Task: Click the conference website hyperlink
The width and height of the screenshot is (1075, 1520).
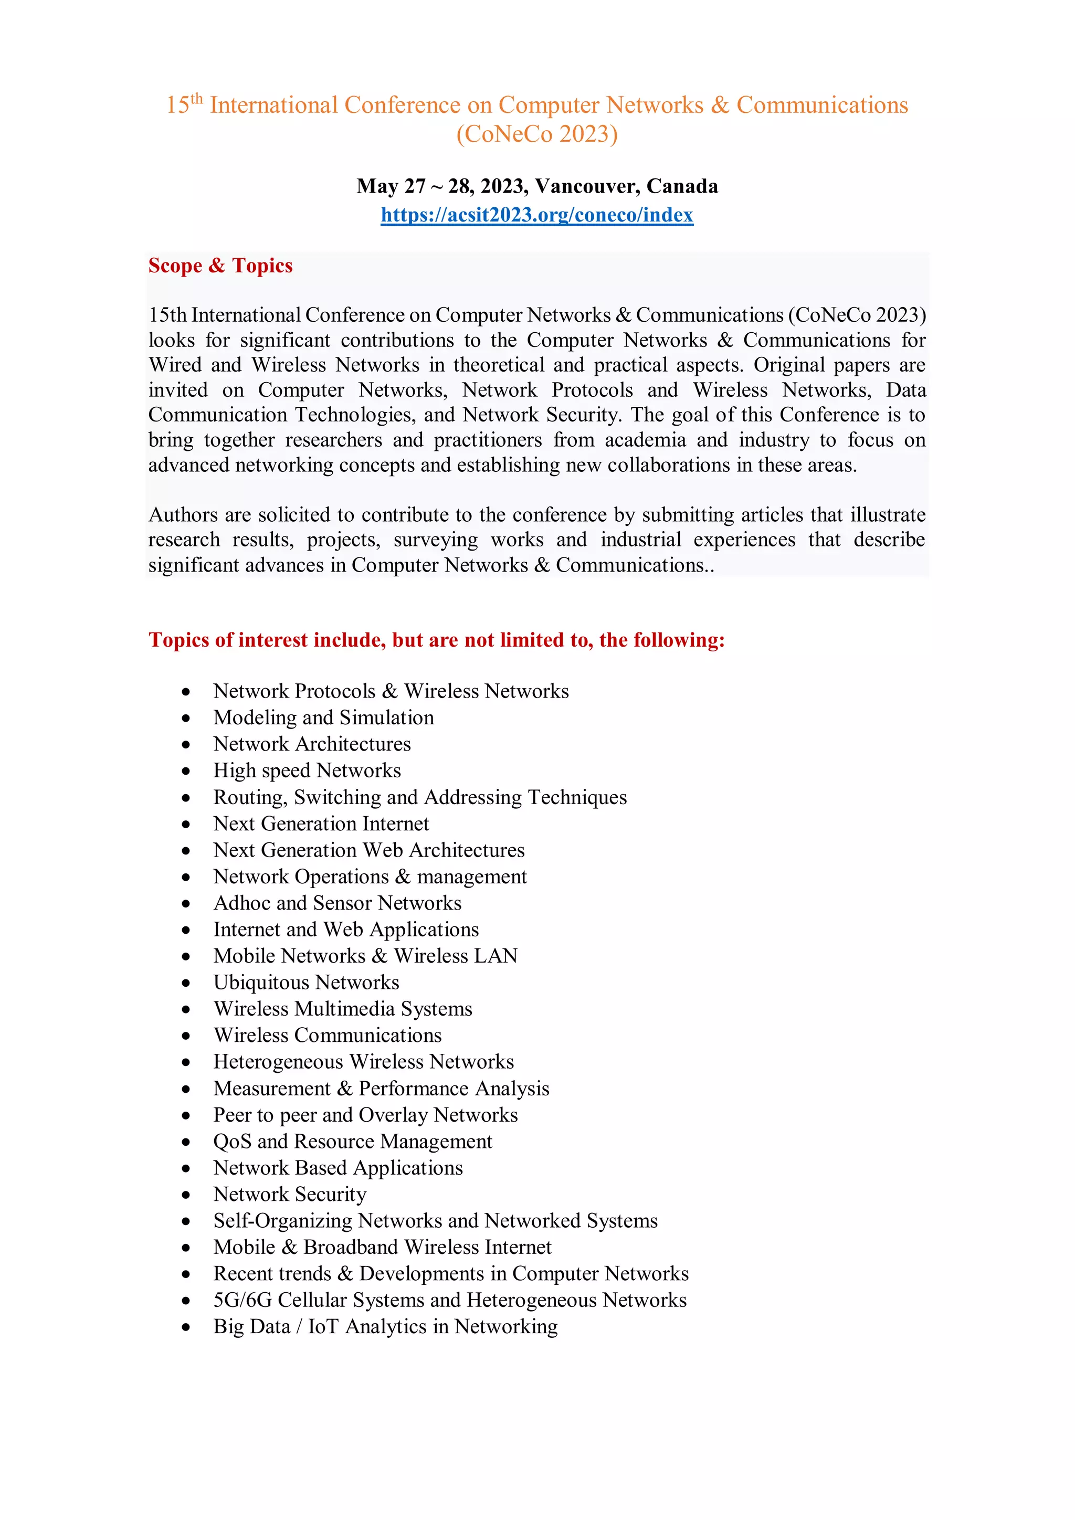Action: [x=537, y=215]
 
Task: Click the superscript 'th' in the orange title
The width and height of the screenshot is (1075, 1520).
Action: [x=197, y=99]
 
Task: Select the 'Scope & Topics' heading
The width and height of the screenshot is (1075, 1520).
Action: [x=220, y=266]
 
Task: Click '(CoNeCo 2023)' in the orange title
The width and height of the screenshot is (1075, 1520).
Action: [x=537, y=134]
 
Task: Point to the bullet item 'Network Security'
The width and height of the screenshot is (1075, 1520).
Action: [x=289, y=1194]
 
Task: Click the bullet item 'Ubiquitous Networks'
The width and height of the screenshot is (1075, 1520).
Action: [x=306, y=983]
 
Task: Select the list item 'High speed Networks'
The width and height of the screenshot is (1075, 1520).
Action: [x=307, y=770]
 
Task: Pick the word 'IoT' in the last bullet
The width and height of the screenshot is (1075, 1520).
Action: [x=323, y=1327]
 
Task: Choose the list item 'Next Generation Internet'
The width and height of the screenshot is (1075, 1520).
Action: [x=321, y=824]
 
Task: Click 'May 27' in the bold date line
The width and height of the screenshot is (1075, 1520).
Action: [x=391, y=186]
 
